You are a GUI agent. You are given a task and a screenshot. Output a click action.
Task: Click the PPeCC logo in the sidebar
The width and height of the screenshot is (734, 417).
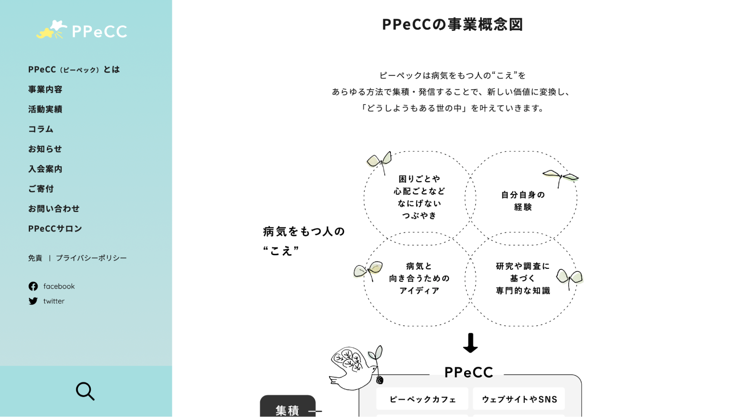coord(82,30)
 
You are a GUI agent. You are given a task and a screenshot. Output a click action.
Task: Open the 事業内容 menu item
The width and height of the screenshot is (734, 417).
coord(45,89)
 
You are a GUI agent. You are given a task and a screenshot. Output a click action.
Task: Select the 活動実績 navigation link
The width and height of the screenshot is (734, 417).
coord(45,109)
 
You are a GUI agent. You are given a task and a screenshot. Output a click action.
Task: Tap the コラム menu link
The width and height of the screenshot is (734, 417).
coord(41,129)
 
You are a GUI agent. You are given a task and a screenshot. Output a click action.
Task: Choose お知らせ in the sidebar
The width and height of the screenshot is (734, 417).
coord(45,149)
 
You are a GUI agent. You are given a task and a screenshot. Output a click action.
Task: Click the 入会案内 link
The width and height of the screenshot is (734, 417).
coord(45,169)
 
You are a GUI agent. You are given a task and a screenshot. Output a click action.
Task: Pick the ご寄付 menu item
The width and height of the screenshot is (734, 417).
coord(41,189)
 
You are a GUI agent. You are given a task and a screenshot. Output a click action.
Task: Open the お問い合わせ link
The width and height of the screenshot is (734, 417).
coord(54,209)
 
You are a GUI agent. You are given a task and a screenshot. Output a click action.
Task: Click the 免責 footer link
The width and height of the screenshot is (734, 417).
coord(35,258)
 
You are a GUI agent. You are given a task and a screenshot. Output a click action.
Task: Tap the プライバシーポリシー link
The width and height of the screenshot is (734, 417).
coord(91,258)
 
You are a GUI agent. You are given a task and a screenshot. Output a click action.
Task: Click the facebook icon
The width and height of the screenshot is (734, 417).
coord(33,286)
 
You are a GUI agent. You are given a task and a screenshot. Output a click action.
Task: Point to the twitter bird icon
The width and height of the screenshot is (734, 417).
coord(33,301)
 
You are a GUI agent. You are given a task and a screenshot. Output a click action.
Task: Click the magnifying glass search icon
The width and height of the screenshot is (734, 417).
coord(85,391)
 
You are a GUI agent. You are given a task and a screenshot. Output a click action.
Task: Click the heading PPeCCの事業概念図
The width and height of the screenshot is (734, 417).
coord(452,25)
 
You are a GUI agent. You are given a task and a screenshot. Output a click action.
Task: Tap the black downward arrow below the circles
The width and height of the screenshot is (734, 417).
coord(470,343)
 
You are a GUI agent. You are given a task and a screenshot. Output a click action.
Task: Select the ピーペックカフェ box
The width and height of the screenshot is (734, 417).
coord(422,399)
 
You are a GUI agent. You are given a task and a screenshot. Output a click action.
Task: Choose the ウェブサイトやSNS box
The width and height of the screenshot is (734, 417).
coord(519,399)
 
